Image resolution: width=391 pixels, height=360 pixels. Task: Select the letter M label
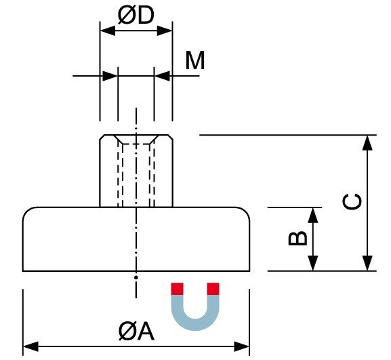(x=195, y=61)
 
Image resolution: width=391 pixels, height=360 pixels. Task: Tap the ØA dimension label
(x=136, y=332)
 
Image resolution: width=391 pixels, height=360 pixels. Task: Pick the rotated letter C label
(x=352, y=202)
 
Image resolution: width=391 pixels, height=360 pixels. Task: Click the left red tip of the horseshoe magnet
(x=178, y=289)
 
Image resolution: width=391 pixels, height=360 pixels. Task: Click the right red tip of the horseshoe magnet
(x=213, y=289)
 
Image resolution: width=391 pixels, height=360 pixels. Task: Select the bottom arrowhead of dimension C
(x=367, y=264)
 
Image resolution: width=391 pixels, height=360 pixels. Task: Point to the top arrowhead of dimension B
(x=313, y=214)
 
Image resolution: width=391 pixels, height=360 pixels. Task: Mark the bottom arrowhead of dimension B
(x=313, y=264)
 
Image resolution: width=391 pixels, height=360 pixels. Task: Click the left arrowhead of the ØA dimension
(x=30, y=346)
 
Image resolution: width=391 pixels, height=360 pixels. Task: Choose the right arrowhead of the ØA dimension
(x=243, y=346)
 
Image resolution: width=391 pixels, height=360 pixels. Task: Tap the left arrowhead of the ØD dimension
(x=106, y=30)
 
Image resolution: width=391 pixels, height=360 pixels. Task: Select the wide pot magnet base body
(x=136, y=241)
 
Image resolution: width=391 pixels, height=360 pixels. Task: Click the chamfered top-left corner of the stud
(x=102, y=138)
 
